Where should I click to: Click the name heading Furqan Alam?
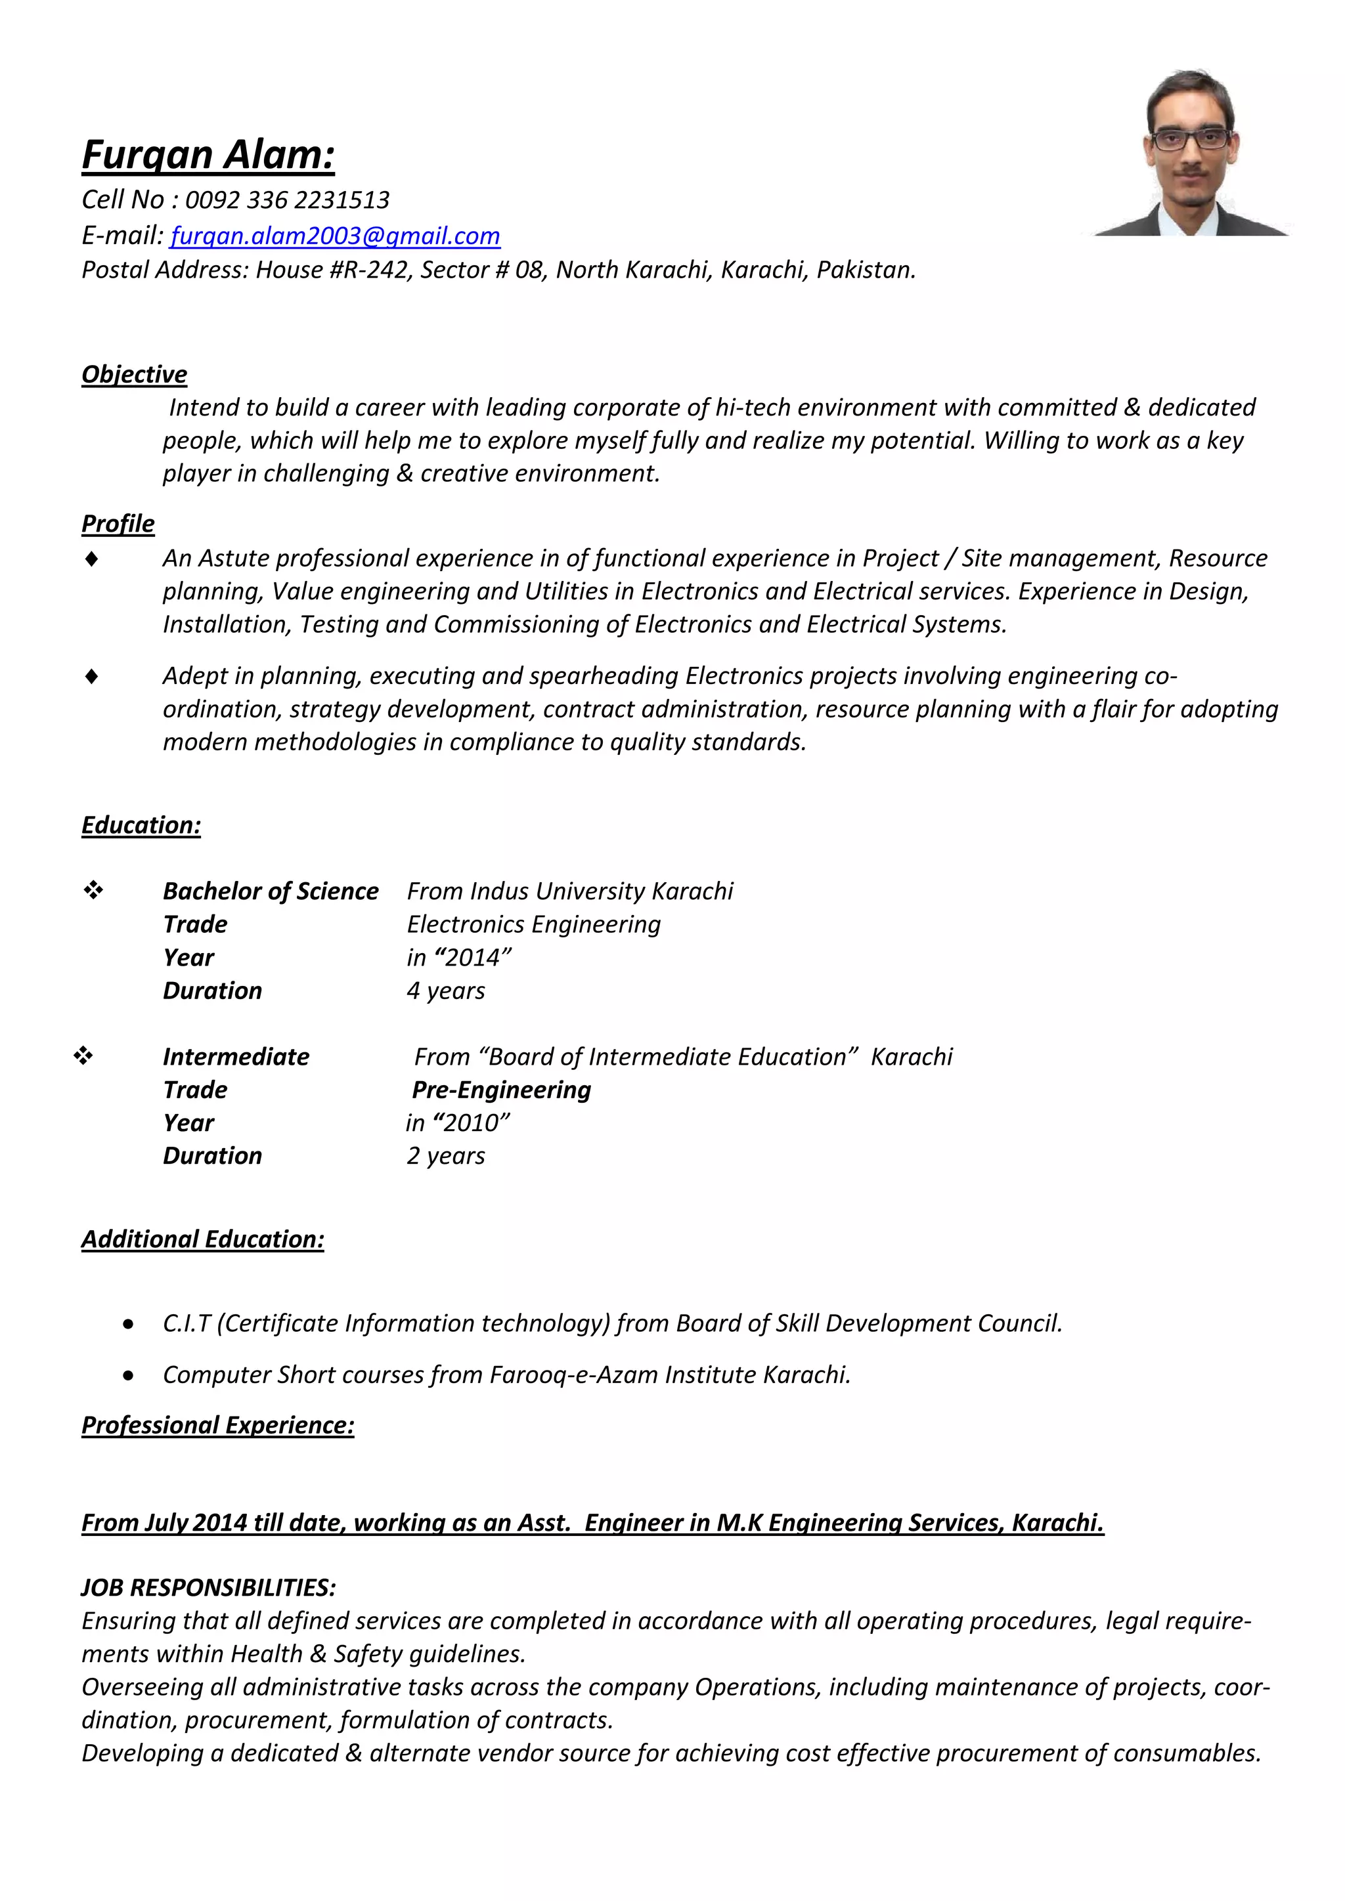tap(208, 156)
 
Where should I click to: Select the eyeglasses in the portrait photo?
tap(1190, 139)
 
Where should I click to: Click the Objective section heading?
tap(134, 374)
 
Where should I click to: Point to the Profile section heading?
tap(118, 523)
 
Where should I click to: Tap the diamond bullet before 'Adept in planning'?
tap(92, 677)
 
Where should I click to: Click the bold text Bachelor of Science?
tap(270, 891)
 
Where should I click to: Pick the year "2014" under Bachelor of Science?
tap(472, 958)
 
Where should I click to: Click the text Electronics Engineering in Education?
tap(533, 924)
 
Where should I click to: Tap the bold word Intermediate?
tap(235, 1056)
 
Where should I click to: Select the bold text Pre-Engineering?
tap(501, 1090)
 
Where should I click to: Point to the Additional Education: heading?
tap(202, 1239)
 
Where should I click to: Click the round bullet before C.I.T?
tap(127, 1325)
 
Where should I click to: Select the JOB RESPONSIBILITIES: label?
tap(208, 1587)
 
